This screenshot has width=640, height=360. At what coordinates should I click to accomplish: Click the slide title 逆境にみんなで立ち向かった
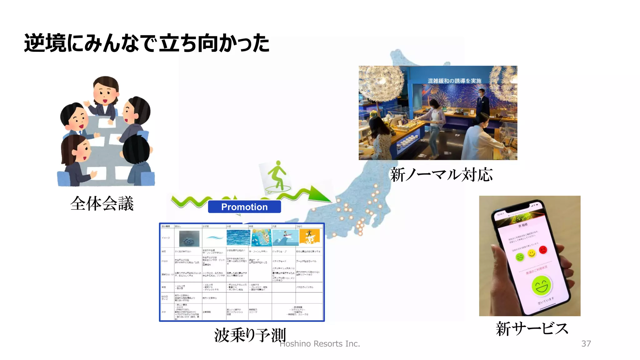click(147, 43)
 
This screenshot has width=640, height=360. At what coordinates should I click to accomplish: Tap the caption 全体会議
click(102, 204)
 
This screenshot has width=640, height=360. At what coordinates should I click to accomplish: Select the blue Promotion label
click(244, 207)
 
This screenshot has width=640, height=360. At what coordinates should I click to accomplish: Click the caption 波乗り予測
click(250, 335)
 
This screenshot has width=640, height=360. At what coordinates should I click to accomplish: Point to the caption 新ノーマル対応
click(441, 175)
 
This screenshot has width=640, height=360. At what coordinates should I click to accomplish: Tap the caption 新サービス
click(532, 329)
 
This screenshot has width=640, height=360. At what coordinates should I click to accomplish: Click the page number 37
click(586, 344)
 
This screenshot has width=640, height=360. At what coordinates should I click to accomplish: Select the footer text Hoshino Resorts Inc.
click(320, 344)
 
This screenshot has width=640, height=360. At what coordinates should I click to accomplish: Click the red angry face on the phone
click(543, 250)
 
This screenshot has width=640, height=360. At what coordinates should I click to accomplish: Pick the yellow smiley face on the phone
click(532, 253)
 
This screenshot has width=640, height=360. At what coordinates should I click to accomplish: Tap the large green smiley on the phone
click(542, 285)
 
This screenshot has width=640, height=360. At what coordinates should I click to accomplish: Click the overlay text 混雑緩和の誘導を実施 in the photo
click(454, 81)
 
